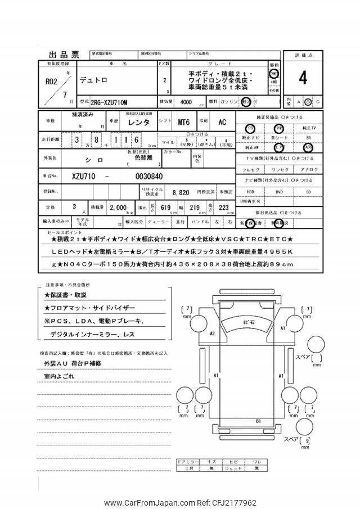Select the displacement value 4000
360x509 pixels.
pos(183,102)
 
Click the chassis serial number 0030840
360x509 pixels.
pos(149,175)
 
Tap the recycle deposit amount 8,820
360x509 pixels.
pos(181,192)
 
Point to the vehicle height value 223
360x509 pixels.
pos(225,208)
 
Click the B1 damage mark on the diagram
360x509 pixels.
pos(258,420)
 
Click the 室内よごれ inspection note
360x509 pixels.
pos(59,375)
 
